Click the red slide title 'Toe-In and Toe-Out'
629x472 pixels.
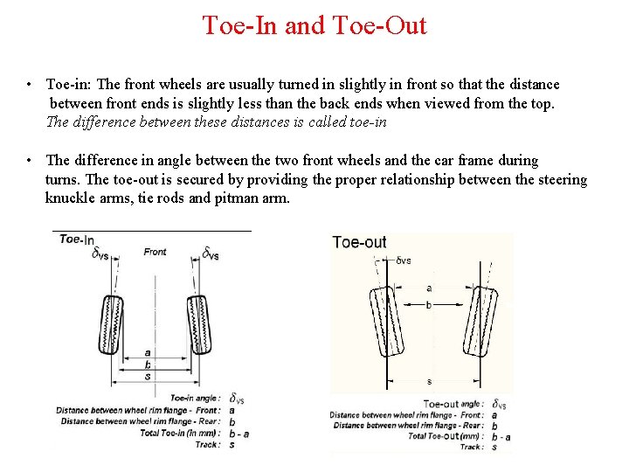coord(314,25)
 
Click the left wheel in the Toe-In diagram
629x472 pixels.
coord(109,324)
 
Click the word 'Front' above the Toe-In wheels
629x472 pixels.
coord(155,253)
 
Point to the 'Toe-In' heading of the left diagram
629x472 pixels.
coord(77,239)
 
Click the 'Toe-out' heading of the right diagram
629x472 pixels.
coord(359,242)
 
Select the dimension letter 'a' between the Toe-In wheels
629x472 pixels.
coord(148,354)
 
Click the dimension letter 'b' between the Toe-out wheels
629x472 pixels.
coord(428,305)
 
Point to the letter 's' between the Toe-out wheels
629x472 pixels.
coord(429,382)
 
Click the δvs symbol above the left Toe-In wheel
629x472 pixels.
coord(100,253)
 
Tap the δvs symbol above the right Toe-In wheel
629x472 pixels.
coord(211,253)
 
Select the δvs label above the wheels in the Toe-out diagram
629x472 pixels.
coord(403,260)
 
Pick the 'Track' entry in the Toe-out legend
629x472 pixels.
coord(471,447)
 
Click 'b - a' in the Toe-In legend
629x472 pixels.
coord(238,433)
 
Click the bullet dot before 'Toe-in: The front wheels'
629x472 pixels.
coord(30,85)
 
